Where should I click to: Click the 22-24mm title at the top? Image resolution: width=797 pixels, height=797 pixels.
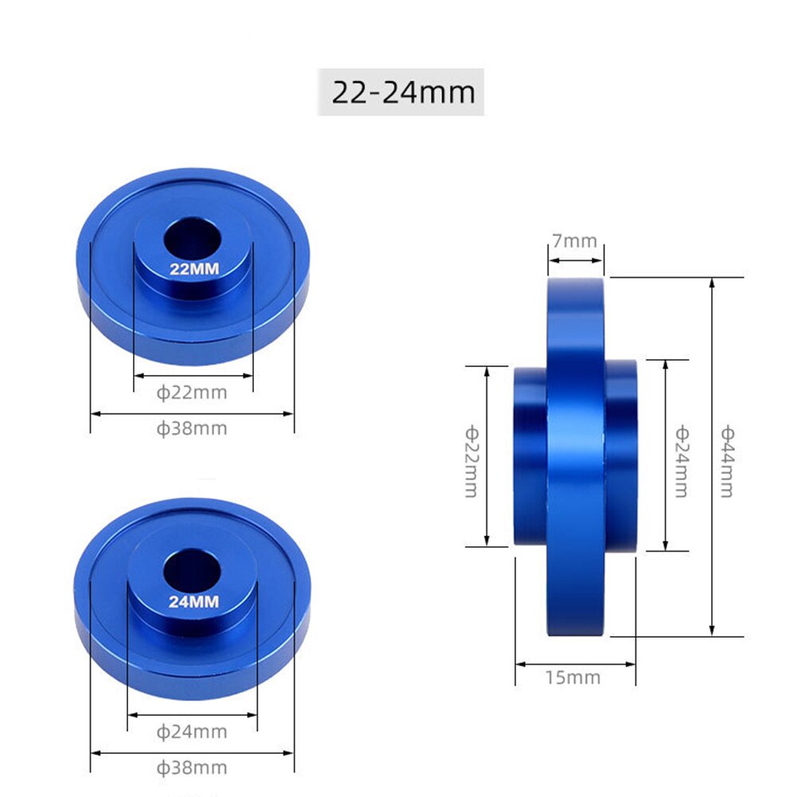point(401,92)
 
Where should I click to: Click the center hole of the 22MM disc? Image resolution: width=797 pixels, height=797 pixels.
point(193,238)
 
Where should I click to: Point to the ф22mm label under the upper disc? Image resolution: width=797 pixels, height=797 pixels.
point(192,392)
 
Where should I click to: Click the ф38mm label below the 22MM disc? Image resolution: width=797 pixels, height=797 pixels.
point(192,428)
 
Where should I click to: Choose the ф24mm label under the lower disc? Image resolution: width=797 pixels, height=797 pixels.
point(192,731)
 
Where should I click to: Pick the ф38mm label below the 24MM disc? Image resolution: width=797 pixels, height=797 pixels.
point(192,768)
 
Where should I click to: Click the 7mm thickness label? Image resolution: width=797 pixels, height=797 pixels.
point(575,240)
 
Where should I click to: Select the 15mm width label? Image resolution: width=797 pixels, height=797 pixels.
point(573,678)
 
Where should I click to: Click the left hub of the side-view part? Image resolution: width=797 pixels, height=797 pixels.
point(530,455)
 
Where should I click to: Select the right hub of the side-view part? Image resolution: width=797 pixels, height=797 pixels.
point(621,455)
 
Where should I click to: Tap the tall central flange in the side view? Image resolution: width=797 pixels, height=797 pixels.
point(576,457)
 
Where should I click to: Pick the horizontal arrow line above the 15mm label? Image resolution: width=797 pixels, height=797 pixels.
point(575,662)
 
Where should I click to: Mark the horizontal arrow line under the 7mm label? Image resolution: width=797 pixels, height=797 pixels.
point(575,258)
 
